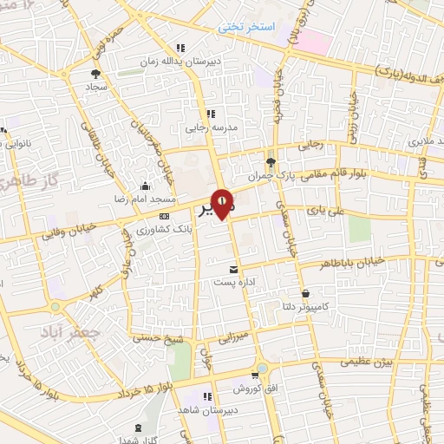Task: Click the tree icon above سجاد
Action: (x=95, y=75)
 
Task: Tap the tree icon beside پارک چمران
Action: (x=271, y=162)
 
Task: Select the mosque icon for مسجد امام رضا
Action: (x=144, y=186)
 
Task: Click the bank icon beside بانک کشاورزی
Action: (x=164, y=217)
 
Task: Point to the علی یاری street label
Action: (x=323, y=209)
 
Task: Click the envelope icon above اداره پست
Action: (x=232, y=270)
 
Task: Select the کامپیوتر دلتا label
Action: (x=309, y=307)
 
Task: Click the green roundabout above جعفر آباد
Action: (x=57, y=306)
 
